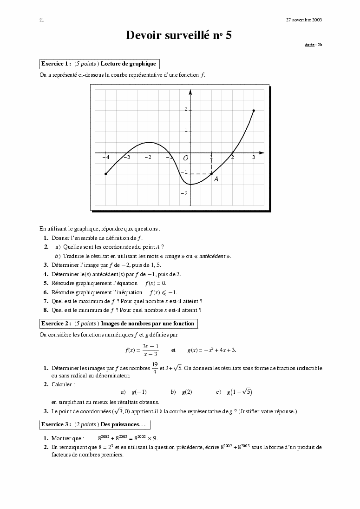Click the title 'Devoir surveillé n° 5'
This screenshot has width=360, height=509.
[179, 35]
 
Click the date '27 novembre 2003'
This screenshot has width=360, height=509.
[304, 20]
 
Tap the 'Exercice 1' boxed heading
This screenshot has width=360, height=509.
[99, 64]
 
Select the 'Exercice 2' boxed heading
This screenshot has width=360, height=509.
[118, 324]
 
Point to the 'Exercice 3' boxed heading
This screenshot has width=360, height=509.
[95, 424]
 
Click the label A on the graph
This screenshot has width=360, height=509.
[216, 179]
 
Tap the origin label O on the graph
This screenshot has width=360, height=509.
[185, 158]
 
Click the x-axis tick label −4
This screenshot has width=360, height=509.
[105, 158]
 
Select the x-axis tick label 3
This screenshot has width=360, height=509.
[254, 158]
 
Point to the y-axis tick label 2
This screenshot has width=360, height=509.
[185, 110]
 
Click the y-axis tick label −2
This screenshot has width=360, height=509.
[184, 194]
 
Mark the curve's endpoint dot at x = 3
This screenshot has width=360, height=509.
[254, 111]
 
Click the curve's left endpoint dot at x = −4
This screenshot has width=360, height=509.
[106, 174]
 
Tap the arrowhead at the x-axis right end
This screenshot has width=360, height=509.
[262, 152]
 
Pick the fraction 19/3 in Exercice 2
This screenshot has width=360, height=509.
[155, 368]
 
